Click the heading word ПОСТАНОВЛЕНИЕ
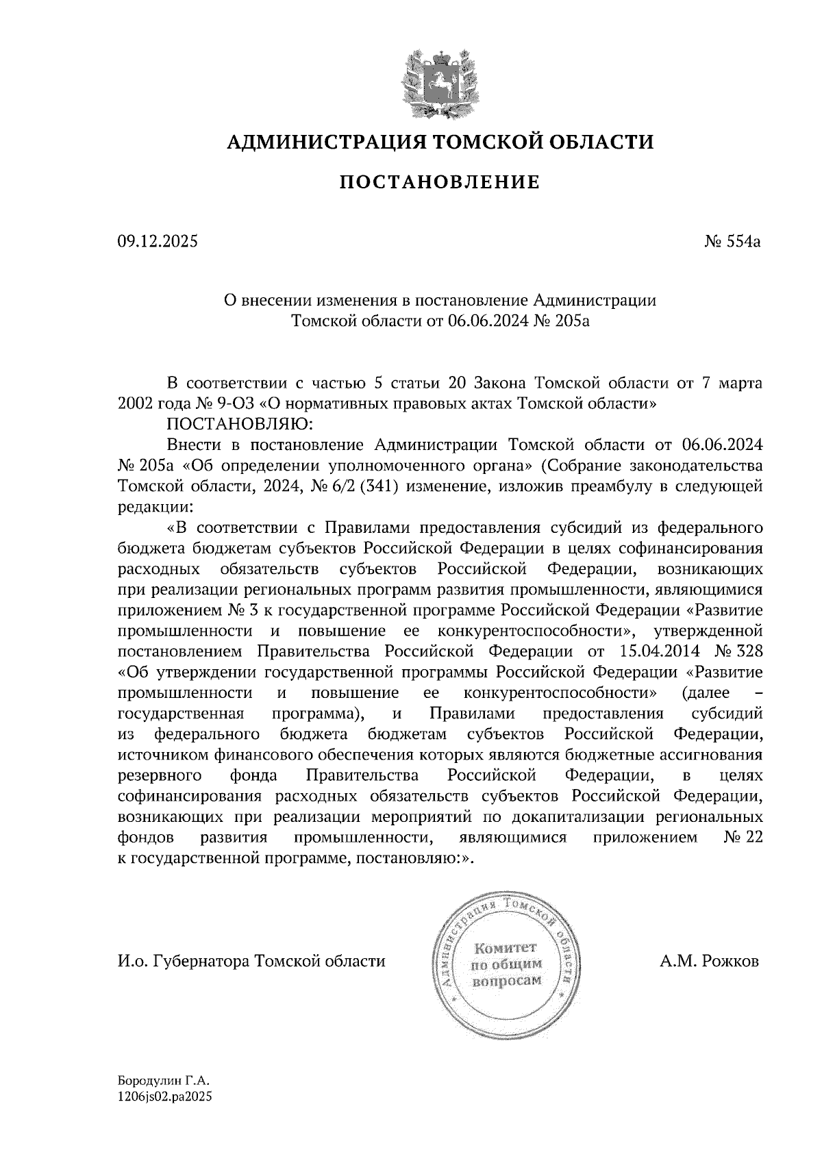pyautogui.click(x=439, y=183)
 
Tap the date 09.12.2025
pyautogui.click(x=157, y=242)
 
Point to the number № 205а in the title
pyautogui.click(x=561, y=321)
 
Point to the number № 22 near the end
pyautogui.click(x=743, y=837)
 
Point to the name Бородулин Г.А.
pyautogui.click(x=162, y=1081)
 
